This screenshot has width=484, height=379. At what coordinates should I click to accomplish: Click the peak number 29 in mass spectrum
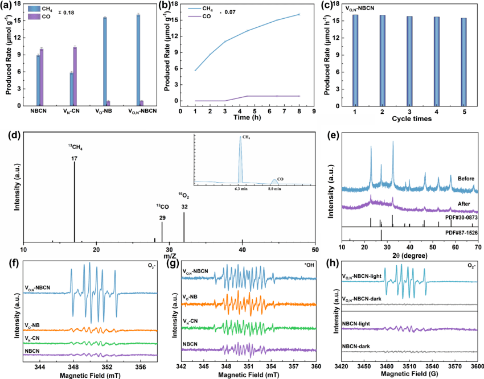[x=162, y=217]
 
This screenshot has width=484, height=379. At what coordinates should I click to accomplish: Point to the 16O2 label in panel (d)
[x=184, y=196]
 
